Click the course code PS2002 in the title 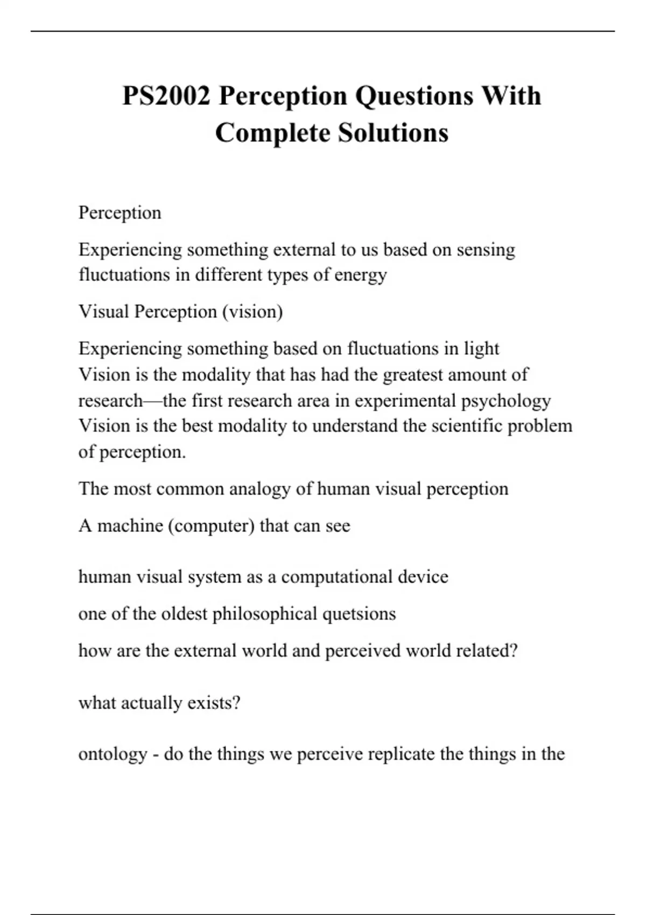(166, 96)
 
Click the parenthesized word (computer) (211, 525)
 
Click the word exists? (213, 703)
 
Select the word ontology (113, 754)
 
